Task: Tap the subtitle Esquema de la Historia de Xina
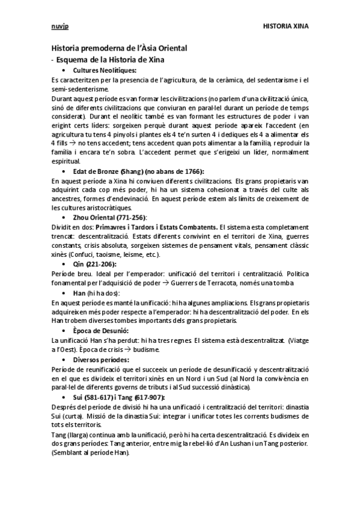click(x=111, y=60)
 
